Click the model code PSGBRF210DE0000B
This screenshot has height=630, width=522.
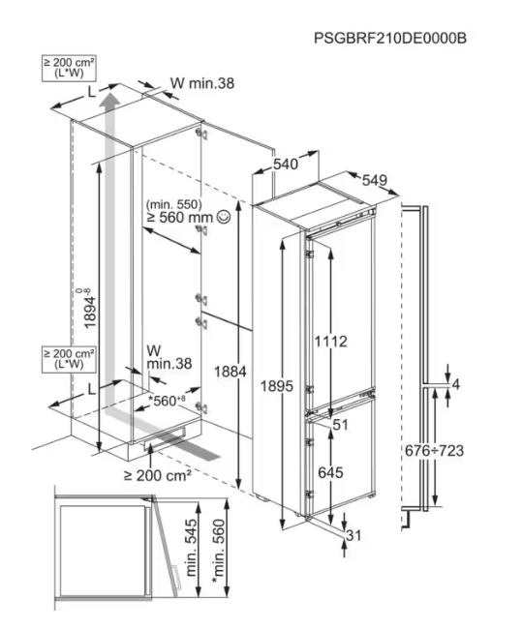[389, 38]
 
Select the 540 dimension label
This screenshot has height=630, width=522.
[286, 164]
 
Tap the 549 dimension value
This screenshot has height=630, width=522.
[375, 180]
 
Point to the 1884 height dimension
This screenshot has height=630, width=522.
[230, 372]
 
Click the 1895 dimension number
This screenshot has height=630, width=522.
[277, 386]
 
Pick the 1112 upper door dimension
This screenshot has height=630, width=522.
[330, 342]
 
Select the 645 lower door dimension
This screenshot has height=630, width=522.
[330, 472]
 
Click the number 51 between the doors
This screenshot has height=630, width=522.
[340, 424]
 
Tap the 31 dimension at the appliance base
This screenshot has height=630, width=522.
[353, 535]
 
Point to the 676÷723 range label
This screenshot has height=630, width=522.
[434, 450]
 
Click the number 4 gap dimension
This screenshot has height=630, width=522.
[455, 384]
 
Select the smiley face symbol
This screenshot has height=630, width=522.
[224, 218]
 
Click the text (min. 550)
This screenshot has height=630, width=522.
[174, 204]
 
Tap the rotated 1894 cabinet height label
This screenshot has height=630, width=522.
[89, 308]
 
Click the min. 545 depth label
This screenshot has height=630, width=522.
[192, 548]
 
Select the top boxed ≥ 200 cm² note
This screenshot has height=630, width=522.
[69, 69]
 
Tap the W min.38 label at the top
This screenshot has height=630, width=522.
[201, 83]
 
